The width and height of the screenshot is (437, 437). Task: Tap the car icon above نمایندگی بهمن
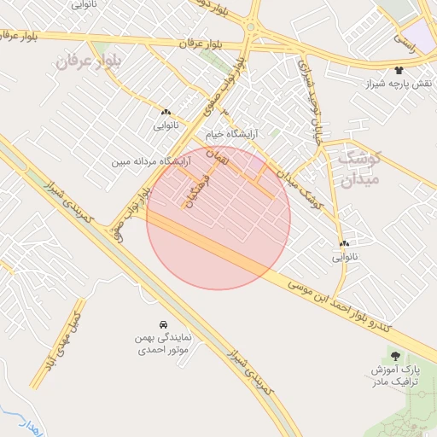coord(162,324)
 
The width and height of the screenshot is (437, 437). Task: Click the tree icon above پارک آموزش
coord(394,355)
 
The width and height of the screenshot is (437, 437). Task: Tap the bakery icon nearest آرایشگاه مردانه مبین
coord(166,111)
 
